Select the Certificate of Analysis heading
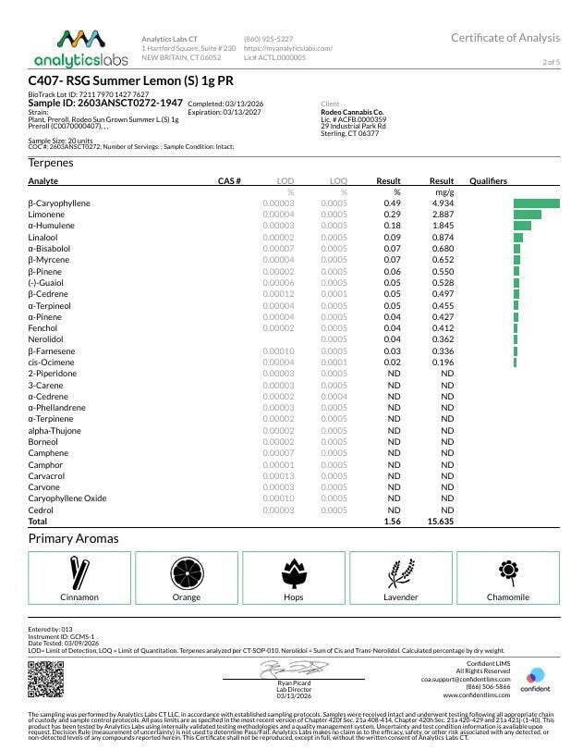[505, 38]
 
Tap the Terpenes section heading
[52, 163]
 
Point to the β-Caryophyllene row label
[60, 203]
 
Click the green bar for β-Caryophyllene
[537, 203]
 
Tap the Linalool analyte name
[43, 237]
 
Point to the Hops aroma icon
[294, 573]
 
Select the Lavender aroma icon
[400, 573]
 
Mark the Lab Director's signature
[287, 668]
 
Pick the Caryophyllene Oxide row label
[67, 498]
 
